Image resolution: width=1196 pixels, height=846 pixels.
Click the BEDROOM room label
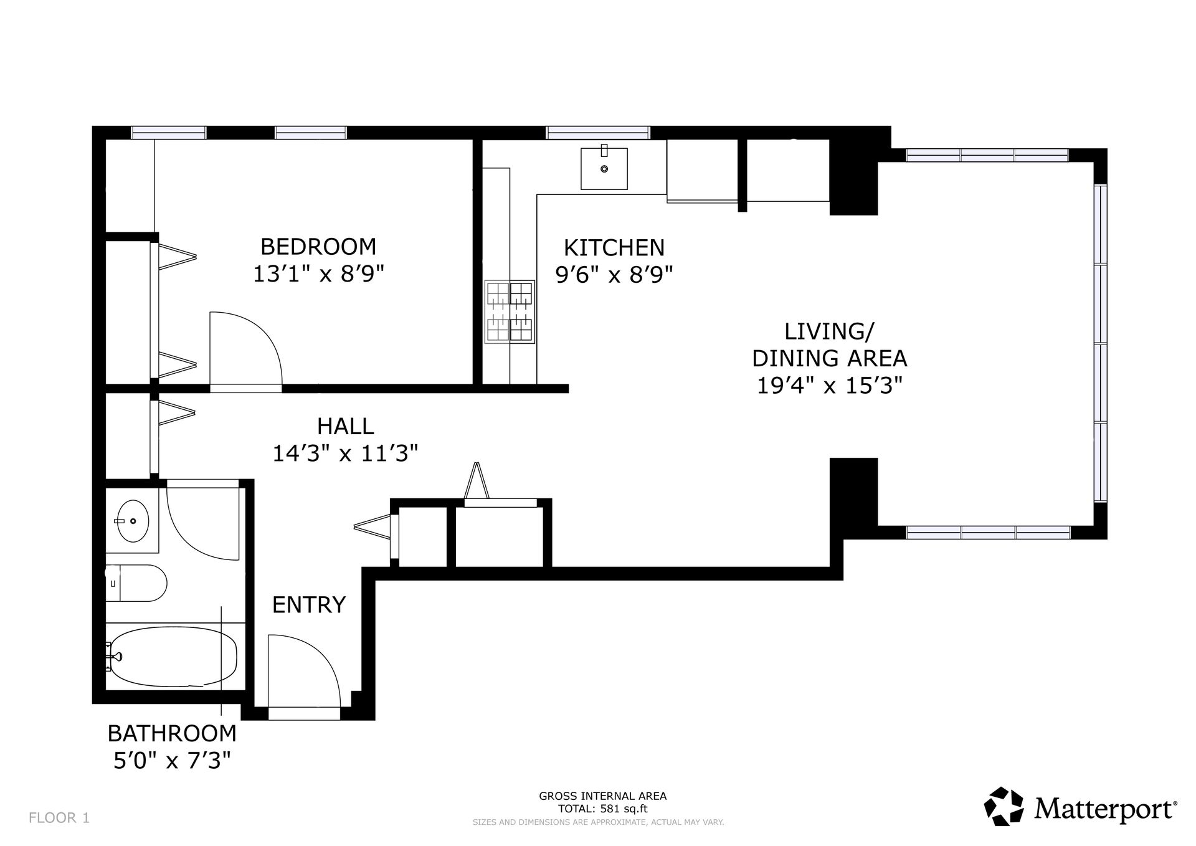coord(318,247)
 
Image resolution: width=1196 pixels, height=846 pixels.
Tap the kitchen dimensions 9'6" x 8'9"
coord(614,274)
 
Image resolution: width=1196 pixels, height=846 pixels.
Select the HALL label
coord(345,426)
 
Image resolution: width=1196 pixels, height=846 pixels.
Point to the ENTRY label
coord(309,604)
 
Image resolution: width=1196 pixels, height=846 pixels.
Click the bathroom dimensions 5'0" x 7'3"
coord(172,761)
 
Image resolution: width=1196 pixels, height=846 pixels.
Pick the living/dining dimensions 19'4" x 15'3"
coord(830,386)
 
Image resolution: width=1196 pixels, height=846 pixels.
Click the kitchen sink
coord(604,168)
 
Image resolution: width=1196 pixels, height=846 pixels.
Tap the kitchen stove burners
coord(510,311)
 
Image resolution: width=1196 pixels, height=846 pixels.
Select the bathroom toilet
coord(136,583)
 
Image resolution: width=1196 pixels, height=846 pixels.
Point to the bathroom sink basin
coord(133,521)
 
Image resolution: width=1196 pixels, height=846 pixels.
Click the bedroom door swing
coord(246,349)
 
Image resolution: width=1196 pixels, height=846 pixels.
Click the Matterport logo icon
coord(1004,807)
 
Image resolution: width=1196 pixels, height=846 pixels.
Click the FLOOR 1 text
coord(59,818)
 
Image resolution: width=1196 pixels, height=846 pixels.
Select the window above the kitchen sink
coord(598,133)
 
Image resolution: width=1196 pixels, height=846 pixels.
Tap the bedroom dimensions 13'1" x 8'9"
coord(318,274)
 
